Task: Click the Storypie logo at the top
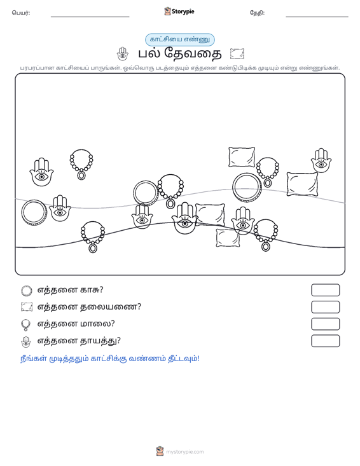[179, 11]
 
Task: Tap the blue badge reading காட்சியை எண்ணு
[180, 39]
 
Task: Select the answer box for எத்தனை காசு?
[325, 290]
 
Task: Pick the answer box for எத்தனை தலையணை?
[325, 307]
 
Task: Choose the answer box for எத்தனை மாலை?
[325, 324]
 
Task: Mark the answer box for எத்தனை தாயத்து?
[325, 341]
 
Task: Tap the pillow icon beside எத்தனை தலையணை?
[27, 307]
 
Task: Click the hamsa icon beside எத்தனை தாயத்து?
[26, 342]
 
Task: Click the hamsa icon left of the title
[123, 54]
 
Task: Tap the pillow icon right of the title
[237, 54]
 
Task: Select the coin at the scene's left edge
[22, 212]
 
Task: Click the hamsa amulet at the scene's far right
[321, 161]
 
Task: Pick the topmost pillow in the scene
[242, 157]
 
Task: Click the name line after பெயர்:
[90, 17]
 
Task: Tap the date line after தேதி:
[317, 17]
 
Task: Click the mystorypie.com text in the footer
[185, 452]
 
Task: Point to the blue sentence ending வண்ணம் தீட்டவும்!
[110, 359]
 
